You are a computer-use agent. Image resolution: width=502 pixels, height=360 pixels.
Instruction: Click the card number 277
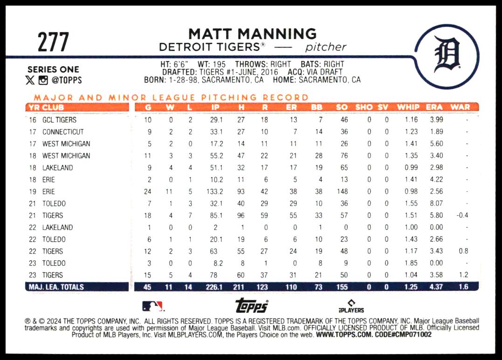(x=53, y=42)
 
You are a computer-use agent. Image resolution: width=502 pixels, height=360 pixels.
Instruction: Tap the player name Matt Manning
(x=252, y=34)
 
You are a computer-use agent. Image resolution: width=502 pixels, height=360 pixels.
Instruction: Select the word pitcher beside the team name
(x=326, y=47)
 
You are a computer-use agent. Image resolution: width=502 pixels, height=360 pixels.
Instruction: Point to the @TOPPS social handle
(x=67, y=80)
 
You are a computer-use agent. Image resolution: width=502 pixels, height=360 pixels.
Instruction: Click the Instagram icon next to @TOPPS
(x=43, y=80)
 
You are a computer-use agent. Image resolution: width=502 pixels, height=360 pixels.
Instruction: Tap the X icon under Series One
(x=30, y=80)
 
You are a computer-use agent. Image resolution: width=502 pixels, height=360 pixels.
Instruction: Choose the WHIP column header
(x=408, y=107)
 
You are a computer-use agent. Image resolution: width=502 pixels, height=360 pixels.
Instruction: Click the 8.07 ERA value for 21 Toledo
(x=436, y=204)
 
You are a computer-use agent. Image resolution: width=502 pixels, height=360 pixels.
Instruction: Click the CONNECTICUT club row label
(x=63, y=132)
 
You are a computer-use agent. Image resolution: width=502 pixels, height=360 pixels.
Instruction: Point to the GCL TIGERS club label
(x=59, y=120)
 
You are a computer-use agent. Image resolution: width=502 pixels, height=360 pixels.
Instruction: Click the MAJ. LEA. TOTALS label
(x=55, y=287)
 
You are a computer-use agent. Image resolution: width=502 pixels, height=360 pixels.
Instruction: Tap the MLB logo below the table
(x=153, y=306)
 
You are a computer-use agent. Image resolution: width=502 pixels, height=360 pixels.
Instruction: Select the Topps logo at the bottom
(x=251, y=306)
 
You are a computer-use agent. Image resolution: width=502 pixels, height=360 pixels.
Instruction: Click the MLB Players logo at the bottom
(x=351, y=306)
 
